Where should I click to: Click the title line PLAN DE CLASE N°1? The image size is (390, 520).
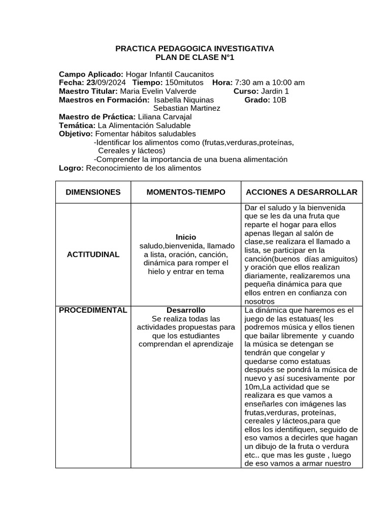[194, 57]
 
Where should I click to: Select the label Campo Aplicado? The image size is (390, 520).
[91, 74]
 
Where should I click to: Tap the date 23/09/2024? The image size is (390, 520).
[108, 83]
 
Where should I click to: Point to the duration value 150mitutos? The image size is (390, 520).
[184, 83]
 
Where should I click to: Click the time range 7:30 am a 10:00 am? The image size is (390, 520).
[270, 83]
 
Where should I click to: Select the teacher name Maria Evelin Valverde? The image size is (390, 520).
[151, 91]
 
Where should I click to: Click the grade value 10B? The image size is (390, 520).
[279, 100]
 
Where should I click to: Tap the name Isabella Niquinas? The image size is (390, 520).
[183, 100]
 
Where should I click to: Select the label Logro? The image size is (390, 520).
[71, 168]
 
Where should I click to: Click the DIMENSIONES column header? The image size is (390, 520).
[93, 192]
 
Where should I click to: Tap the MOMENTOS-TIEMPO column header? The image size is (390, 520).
[186, 192]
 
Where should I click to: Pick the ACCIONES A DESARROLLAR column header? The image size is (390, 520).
[302, 192]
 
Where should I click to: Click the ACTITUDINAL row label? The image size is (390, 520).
[93, 254]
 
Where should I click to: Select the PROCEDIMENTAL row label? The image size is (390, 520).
[93, 310]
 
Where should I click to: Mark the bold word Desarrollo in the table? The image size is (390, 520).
[186, 310]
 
